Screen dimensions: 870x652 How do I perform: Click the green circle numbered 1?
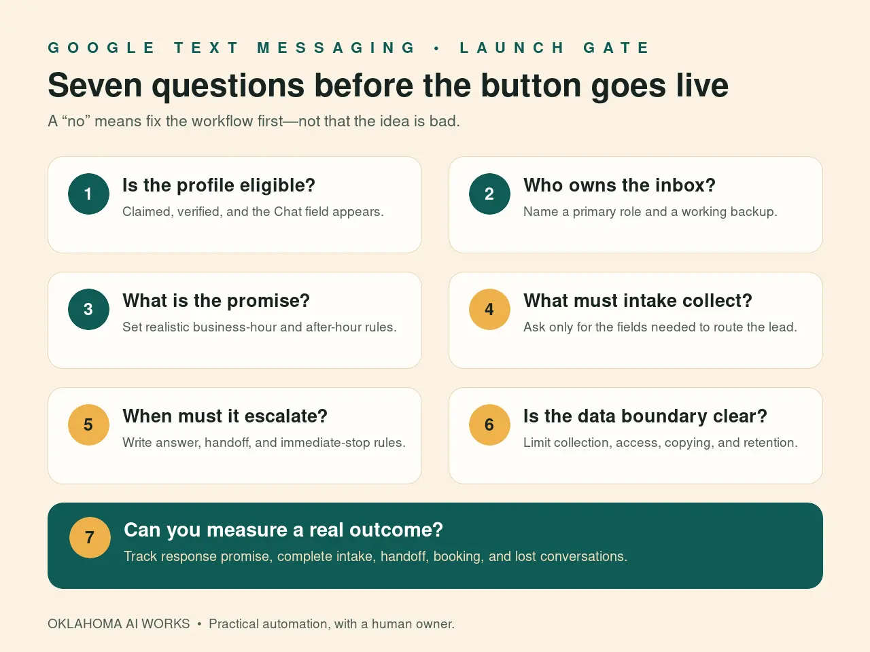(88, 194)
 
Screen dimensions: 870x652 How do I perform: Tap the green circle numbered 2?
(489, 194)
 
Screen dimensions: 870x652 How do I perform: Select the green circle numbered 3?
(88, 309)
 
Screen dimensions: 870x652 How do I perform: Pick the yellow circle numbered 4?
(489, 309)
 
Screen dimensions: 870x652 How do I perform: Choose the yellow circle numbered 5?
(88, 424)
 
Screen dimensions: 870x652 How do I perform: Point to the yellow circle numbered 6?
(489, 424)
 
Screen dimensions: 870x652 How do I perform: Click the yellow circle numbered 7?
(90, 538)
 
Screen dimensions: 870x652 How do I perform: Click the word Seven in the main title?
(94, 86)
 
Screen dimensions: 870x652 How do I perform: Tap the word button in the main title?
(531, 86)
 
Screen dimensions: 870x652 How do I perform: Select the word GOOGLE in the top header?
(101, 48)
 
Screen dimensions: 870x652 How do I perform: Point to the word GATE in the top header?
(616, 48)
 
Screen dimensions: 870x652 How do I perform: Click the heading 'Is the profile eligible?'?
(219, 185)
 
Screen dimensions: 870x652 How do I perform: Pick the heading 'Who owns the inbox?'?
(619, 185)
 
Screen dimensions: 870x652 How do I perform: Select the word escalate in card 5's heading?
(285, 416)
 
